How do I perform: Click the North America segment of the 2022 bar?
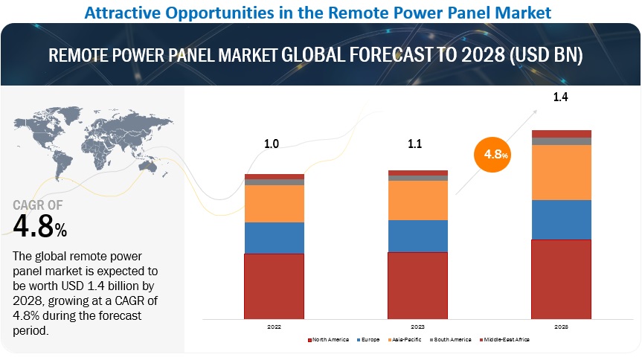(x=274, y=286)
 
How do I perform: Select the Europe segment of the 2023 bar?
(x=418, y=236)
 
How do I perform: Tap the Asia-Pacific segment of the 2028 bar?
(x=561, y=172)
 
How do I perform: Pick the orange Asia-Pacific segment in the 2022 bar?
(x=274, y=203)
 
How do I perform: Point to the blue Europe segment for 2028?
(x=561, y=219)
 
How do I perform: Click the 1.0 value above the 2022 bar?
(x=272, y=144)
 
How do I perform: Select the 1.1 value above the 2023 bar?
(x=415, y=144)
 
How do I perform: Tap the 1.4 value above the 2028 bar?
(x=559, y=97)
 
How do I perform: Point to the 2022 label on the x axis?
(x=274, y=326)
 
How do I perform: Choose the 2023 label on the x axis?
(x=418, y=326)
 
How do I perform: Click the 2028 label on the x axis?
(x=561, y=326)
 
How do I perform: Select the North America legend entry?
(x=330, y=340)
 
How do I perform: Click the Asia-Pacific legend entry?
(x=404, y=340)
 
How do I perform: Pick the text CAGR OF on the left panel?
(x=39, y=205)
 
